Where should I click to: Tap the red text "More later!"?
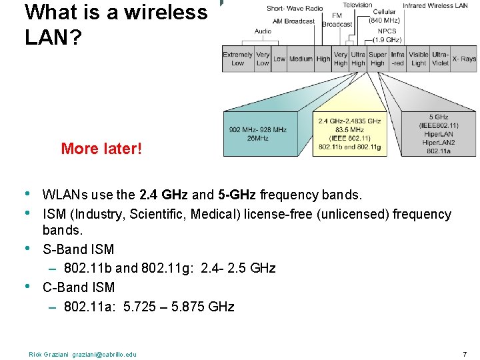(x=101, y=148)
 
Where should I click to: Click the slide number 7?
(x=465, y=353)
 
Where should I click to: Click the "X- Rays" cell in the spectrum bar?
(x=464, y=59)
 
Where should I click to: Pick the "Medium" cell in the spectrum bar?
(x=301, y=59)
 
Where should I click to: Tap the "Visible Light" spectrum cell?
(x=419, y=59)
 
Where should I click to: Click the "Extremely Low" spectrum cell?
(x=237, y=59)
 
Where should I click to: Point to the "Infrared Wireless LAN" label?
(x=435, y=6)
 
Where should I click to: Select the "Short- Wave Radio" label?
(x=295, y=9)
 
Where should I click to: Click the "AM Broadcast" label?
(x=293, y=21)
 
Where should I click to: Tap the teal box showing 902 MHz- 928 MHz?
(x=257, y=133)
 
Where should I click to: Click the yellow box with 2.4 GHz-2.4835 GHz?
(x=349, y=133)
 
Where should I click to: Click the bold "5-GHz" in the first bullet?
(x=236, y=195)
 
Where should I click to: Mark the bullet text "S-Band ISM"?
(x=78, y=249)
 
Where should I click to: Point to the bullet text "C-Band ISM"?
(x=79, y=287)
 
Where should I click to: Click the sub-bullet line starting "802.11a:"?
(x=149, y=307)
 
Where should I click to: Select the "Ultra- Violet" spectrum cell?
(x=440, y=59)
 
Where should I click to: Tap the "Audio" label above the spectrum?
(x=263, y=31)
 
